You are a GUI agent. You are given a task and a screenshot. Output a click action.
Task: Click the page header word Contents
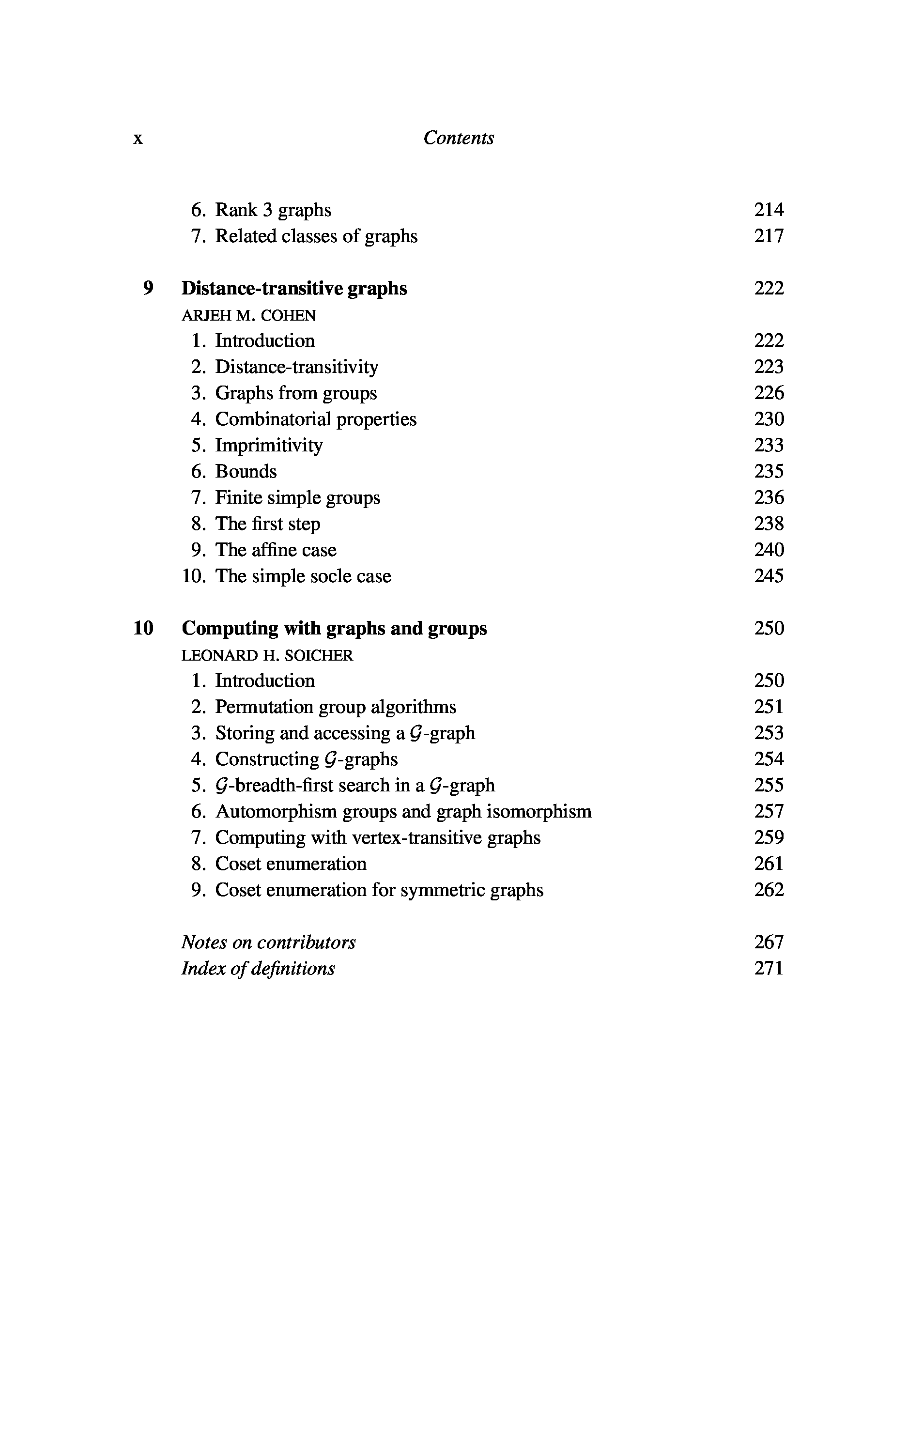coord(458,138)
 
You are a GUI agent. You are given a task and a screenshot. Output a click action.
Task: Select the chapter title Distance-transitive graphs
coord(294,288)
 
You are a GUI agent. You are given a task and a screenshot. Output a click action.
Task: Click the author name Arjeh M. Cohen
coord(248,315)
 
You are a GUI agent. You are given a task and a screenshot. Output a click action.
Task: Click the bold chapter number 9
coord(148,288)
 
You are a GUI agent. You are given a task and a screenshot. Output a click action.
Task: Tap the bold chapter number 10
coord(143,628)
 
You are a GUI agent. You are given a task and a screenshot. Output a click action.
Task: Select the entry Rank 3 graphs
coord(273,210)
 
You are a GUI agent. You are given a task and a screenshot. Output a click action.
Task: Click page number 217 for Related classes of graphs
coord(769,236)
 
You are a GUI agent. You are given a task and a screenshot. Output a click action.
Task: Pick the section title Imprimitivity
coord(269,445)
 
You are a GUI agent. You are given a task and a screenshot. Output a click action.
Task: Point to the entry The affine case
coord(276,550)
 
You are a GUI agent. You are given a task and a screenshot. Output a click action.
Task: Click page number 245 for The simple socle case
coord(769,576)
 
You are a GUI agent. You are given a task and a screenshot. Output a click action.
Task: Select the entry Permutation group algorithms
coord(336,707)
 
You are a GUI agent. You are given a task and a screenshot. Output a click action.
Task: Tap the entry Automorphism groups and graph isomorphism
coord(403,811)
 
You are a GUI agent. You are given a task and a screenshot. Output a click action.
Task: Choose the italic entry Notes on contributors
coord(268,942)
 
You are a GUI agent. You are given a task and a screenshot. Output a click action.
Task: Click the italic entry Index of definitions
coord(258,969)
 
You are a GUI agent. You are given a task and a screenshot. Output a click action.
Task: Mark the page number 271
coord(769,969)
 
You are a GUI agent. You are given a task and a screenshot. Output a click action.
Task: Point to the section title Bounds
coord(246,471)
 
